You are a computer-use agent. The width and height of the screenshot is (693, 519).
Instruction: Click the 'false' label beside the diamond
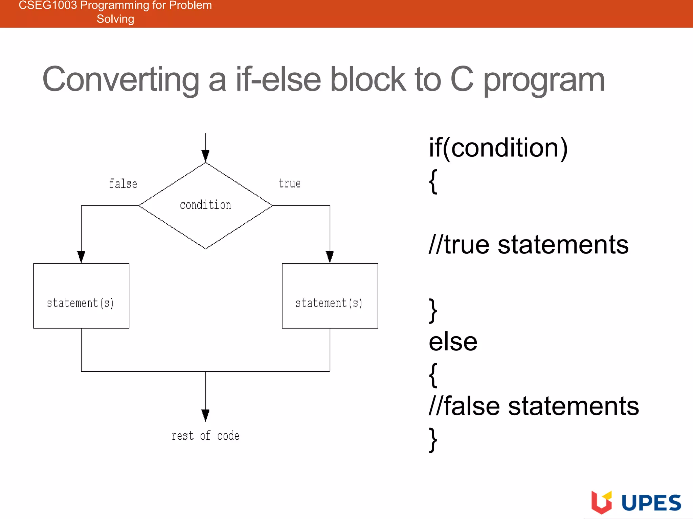click(x=123, y=184)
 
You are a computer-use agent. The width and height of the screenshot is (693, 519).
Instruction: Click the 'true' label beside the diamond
click(x=289, y=183)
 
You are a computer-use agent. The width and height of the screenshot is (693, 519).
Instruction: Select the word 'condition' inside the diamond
click(x=205, y=205)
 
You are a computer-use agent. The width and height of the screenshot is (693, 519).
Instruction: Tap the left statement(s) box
click(x=81, y=296)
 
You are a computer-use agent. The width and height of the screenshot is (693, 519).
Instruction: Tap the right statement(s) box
click(x=330, y=296)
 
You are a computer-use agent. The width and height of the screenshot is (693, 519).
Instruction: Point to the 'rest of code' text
click(x=205, y=436)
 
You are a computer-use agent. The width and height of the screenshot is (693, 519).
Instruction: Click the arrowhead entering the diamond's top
click(x=205, y=156)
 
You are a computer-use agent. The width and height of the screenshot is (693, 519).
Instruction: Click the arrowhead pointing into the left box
click(x=81, y=256)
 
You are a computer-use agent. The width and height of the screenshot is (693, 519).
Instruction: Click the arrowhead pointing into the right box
click(x=330, y=256)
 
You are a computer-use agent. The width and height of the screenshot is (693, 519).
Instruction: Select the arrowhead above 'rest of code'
click(x=205, y=415)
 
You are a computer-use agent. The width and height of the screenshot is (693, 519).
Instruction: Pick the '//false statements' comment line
click(x=534, y=406)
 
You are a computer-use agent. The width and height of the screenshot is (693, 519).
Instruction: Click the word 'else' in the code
click(x=453, y=342)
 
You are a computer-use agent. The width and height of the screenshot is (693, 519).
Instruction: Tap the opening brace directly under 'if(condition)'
click(x=433, y=181)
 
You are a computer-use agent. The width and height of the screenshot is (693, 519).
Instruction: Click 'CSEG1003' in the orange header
click(x=48, y=5)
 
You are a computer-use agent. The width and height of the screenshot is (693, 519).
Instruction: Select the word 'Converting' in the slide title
click(x=121, y=79)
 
